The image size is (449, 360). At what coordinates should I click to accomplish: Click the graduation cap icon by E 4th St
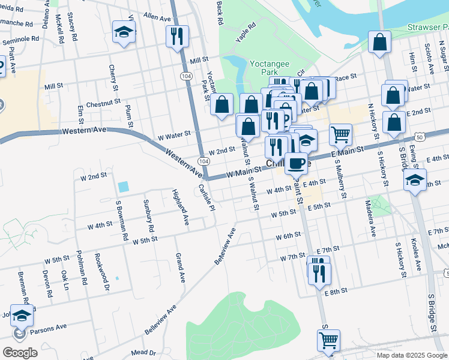[415, 179]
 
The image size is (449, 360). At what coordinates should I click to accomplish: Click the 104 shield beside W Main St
[204, 161]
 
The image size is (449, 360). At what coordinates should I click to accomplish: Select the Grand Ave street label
[179, 268]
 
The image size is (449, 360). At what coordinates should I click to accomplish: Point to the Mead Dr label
[143, 353]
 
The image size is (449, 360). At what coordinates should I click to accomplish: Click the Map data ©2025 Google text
[411, 355]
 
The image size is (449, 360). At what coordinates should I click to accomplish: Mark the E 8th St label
[336, 292]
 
